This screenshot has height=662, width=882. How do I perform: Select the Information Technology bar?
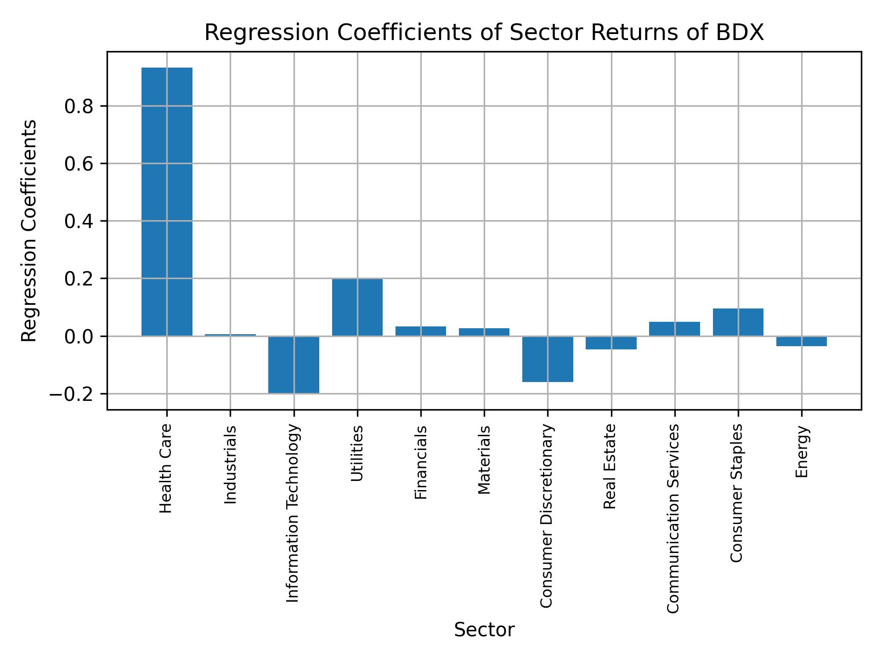(x=294, y=365)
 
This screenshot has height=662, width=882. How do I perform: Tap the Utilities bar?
(x=357, y=307)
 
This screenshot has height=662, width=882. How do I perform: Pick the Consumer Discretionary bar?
(x=548, y=359)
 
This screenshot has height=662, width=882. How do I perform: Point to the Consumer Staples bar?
(x=738, y=322)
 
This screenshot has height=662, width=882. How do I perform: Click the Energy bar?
(x=802, y=341)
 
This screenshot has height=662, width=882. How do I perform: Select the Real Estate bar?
(x=611, y=343)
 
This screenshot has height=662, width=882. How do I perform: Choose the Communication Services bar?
(x=674, y=329)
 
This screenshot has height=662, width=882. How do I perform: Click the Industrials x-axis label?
(x=231, y=464)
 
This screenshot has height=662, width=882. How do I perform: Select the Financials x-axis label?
(x=421, y=462)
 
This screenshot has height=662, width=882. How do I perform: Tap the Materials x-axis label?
(x=484, y=460)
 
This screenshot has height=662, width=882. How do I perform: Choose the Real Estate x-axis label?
(x=610, y=466)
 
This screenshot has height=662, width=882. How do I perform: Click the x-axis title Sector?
(x=484, y=630)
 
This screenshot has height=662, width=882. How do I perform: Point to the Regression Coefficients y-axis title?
(x=29, y=230)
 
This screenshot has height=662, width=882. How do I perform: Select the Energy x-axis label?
(x=802, y=451)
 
